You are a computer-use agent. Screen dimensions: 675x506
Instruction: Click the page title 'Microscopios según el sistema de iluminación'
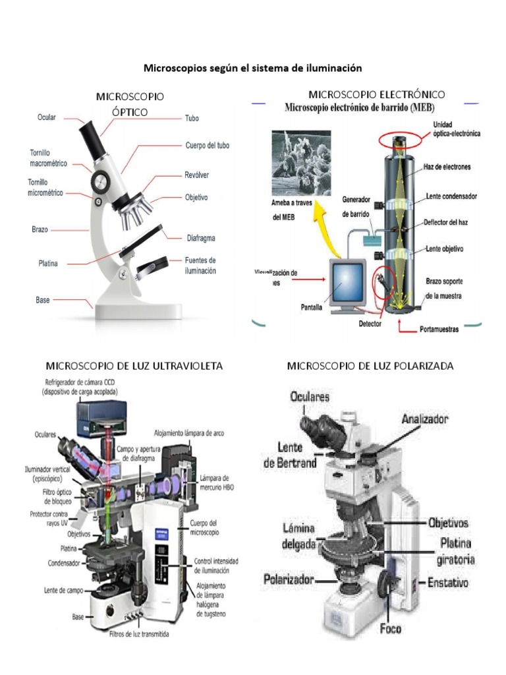click(x=253, y=68)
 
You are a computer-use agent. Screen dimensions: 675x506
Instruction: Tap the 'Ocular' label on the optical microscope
click(x=46, y=117)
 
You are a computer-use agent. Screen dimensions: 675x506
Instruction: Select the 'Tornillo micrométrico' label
click(x=45, y=187)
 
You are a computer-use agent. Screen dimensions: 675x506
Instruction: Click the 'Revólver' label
click(x=196, y=176)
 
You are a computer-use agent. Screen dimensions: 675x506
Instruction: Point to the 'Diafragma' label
click(x=201, y=238)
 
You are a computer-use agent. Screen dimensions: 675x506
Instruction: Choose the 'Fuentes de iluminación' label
click(x=200, y=265)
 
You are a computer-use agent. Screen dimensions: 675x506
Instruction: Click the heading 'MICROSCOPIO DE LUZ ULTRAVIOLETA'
click(x=134, y=365)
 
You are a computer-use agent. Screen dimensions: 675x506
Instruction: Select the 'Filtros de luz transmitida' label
click(x=140, y=635)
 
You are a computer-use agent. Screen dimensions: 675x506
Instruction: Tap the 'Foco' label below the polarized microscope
click(x=389, y=628)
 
